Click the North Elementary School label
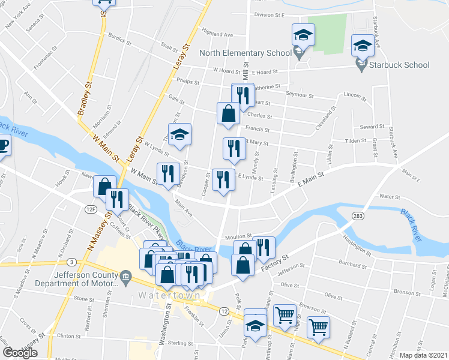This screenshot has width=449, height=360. (245, 53)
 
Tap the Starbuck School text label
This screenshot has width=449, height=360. (401, 65)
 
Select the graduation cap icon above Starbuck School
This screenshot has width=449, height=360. (362, 46)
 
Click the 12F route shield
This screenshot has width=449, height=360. (91, 208)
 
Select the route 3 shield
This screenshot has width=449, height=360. (71, 262)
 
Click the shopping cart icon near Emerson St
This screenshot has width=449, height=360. (284, 314)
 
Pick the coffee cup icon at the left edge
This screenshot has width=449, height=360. (4, 146)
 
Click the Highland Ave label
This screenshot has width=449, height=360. (217, 34)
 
